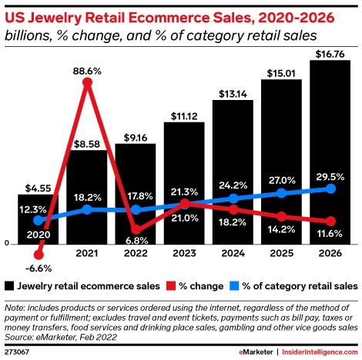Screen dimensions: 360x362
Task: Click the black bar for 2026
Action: click(x=330, y=154)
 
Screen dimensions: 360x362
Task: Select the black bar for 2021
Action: click(x=87, y=196)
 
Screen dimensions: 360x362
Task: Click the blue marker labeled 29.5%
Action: click(x=330, y=188)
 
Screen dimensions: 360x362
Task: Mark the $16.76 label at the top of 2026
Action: click(x=330, y=53)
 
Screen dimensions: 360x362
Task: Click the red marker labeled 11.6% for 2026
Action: click(x=330, y=221)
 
